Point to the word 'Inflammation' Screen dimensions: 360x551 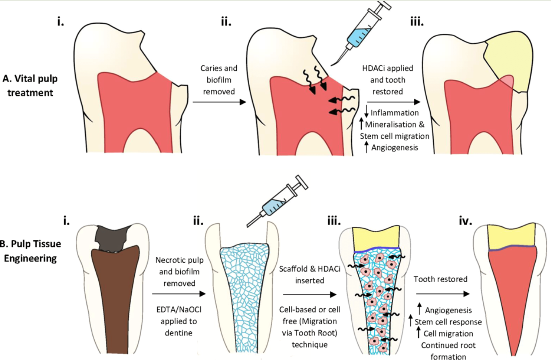pyautogui.click(x=394, y=113)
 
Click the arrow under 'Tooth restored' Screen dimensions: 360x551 pyautogui.click(x=443, y=294)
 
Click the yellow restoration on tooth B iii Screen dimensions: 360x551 pyautogui.click(x=376, y=238)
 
